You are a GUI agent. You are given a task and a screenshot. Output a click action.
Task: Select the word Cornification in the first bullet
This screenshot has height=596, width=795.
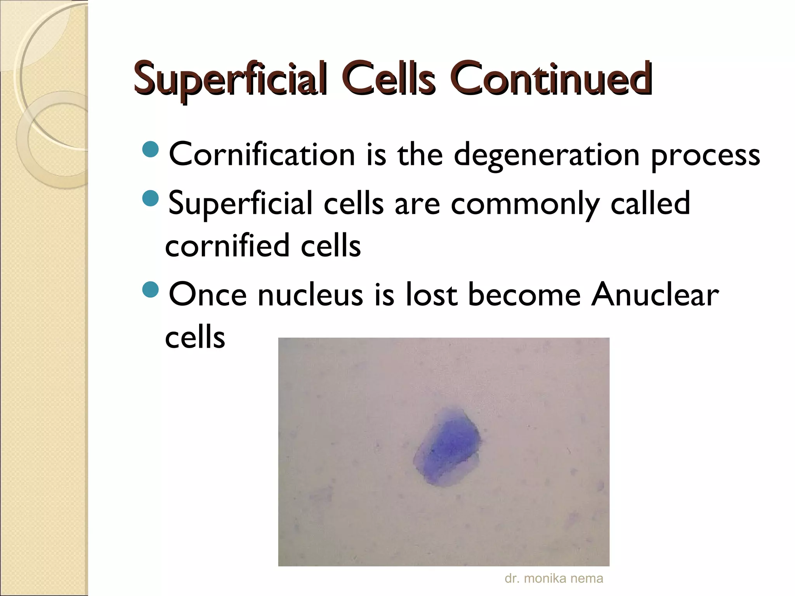click(x=262, y=154)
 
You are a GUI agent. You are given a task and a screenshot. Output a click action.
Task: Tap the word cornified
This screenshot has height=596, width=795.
click(x=227, y=245)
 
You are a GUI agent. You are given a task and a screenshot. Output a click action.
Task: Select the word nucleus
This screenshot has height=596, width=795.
click(x=310, y=295)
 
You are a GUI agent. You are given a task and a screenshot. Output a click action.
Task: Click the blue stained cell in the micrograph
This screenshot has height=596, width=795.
click(x=446, y=446)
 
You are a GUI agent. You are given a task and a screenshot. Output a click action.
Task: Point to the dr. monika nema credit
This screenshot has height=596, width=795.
click(x=554, y=578)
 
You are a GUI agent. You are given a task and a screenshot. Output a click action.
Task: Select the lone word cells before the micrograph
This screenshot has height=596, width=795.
click(x=195, y=337)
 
